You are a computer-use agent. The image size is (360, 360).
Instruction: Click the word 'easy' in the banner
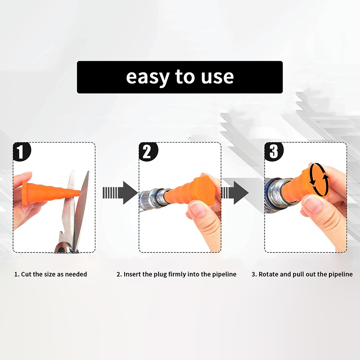[x=148, y=78]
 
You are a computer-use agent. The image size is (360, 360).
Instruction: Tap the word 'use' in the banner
[x=217, y=77]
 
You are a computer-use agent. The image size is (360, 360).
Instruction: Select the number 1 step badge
[x=22, y=152]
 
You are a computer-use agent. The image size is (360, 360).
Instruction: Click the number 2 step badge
[x=148, y=152]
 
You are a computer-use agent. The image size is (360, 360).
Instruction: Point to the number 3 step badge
[x=274, y=152]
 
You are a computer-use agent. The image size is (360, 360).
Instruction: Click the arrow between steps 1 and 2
[x=120, y=193]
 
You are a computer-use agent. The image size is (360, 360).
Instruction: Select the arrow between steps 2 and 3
[x=234, y=193]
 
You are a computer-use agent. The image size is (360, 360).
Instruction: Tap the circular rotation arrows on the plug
[x=319, y=180]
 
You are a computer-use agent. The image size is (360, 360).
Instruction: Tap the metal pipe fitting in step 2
[x=153, y=198]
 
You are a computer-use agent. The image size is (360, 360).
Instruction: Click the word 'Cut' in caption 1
[x=26, y=274]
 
